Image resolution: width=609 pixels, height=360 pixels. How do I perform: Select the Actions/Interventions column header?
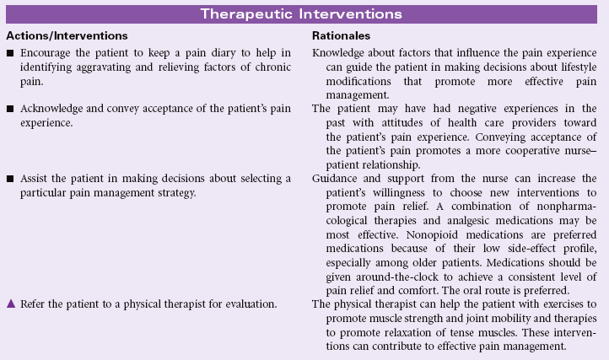coord(67,38)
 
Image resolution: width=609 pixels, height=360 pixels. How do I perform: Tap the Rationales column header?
coord(342,38)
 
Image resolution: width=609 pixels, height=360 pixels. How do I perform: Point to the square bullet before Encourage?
coord(10,55)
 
